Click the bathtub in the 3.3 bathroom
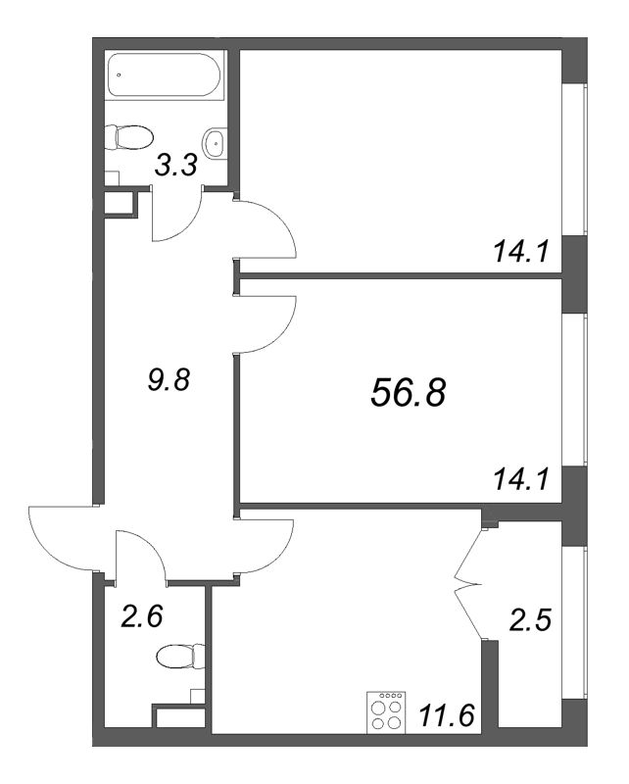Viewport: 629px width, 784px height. point(164,74)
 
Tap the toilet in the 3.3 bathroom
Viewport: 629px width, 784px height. point(128,136)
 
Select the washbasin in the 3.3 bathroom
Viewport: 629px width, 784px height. point(215,142)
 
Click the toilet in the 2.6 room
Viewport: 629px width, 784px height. point(180,656)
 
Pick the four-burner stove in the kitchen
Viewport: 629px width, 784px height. point(386,713)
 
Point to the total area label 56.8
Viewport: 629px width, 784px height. point(408,392)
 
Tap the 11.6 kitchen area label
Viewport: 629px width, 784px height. point(446,716)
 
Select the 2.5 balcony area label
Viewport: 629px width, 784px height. point(529,620)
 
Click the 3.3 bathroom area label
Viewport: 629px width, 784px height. point(176,165)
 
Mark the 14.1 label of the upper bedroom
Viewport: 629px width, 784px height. point(521,252)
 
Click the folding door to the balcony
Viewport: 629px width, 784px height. point(469,584)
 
